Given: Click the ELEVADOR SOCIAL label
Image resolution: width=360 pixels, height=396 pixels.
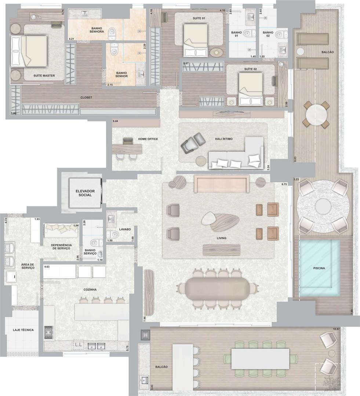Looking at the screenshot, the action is coord(85,193).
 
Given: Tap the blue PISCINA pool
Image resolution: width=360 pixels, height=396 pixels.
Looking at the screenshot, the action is coord(319,268).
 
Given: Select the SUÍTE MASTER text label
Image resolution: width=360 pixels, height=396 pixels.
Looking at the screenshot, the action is coord(44,76).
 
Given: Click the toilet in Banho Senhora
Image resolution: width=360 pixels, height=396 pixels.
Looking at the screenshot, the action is coord(112,34).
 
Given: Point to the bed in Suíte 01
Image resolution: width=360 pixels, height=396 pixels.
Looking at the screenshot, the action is coord(196,40).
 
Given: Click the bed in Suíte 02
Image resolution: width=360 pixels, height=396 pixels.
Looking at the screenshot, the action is coord(251,89).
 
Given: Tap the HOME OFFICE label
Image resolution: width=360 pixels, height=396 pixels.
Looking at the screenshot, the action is coord(148,139).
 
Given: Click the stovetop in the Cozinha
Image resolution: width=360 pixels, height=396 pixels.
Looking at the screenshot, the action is coord(49,332).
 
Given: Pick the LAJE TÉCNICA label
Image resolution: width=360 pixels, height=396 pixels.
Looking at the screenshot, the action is coord(23,330).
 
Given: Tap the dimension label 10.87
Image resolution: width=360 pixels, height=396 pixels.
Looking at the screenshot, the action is coord(337,329).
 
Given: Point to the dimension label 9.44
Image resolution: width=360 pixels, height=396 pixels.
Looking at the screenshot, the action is coord(116,121).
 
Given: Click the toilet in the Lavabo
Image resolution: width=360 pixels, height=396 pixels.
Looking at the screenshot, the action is coord(113,235).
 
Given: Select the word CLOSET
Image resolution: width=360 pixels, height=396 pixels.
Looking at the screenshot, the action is coord(86,98).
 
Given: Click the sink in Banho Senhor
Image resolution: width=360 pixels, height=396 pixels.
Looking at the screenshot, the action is coord(141,74).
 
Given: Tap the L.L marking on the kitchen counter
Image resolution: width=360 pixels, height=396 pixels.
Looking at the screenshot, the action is coord(79,344).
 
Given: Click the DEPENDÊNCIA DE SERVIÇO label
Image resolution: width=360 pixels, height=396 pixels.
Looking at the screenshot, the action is coord(61,247).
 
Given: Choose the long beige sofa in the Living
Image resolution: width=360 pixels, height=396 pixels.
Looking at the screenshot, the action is coord(222,184).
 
